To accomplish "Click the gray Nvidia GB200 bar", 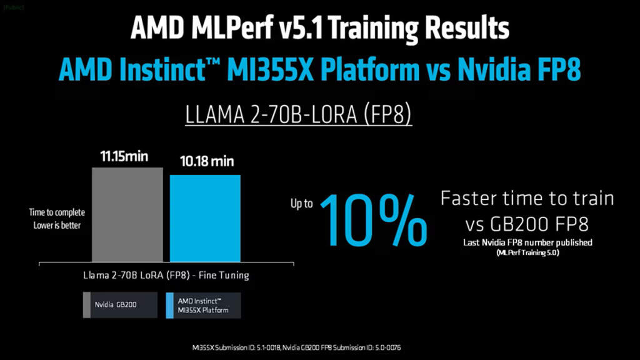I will pos(127,214).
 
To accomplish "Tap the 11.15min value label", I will pos(125,156).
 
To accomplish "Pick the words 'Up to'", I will pos(301,204).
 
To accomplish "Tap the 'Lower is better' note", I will pos(57,225).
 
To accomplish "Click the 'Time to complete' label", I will pos(57,212).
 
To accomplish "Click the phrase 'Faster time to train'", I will pos(527,199).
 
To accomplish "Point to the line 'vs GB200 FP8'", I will pos(527,224).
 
